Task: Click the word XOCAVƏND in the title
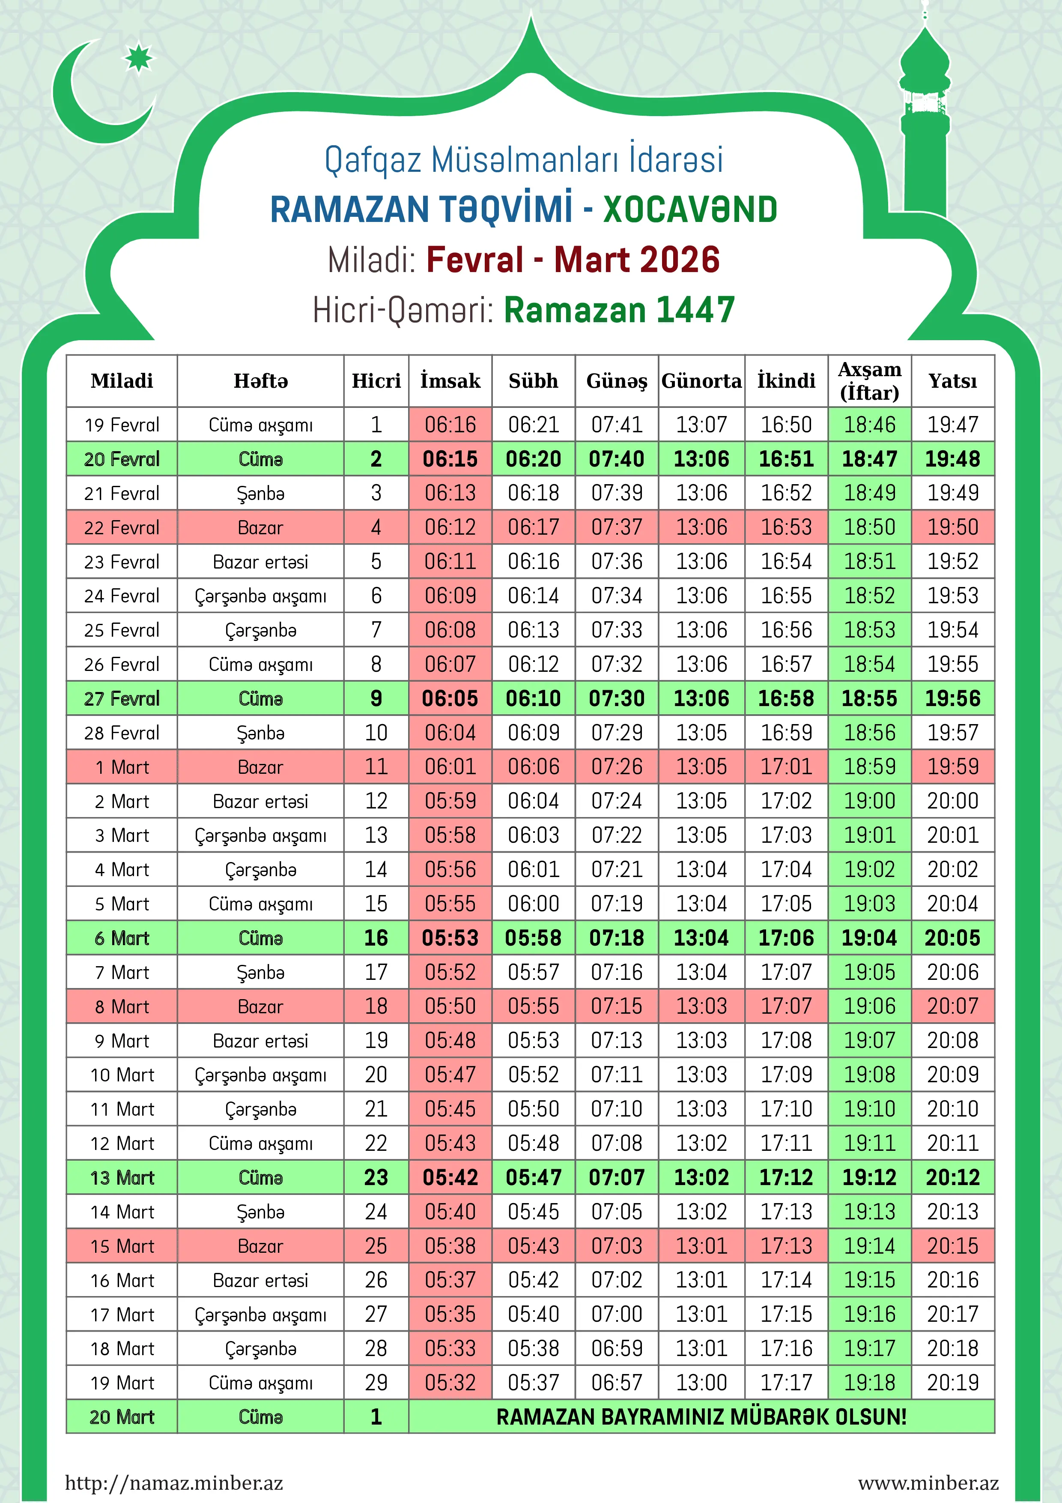[690, 210]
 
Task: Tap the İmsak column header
[450, 381]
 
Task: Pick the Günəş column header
[616, 381]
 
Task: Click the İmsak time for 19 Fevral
[450, 425]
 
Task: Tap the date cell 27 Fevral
[122, 698]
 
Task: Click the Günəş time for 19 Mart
[616, 1383]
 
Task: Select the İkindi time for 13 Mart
[786, 1178]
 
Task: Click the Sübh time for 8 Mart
[533, 1006]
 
